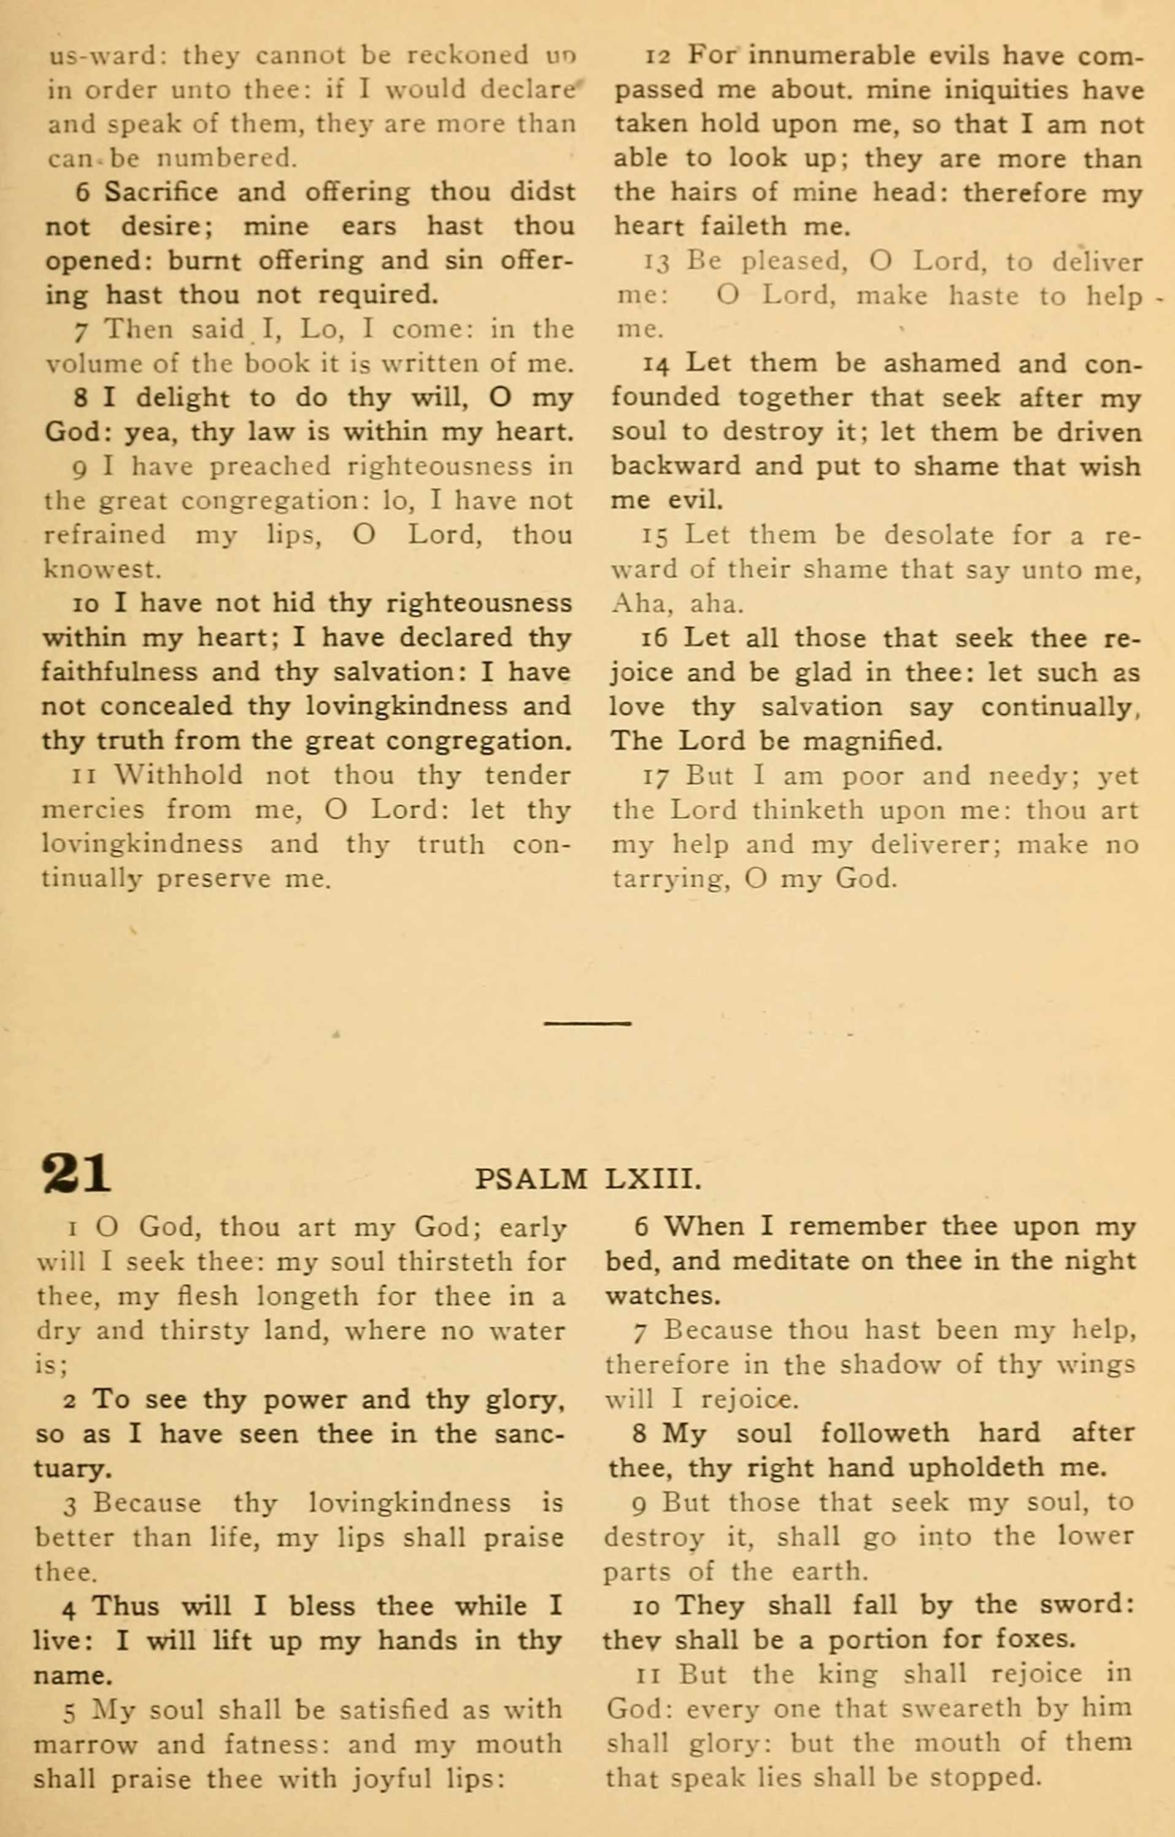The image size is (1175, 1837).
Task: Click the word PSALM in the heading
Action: click(x=530, y=1179)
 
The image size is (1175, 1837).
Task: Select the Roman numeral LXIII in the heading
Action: click(x=652, y=1179)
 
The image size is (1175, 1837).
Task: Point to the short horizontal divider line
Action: click(x=588, y=1023)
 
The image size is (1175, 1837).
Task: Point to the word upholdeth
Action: click(x=938, y=1467)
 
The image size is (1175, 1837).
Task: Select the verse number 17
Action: click(x=655, y=777)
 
